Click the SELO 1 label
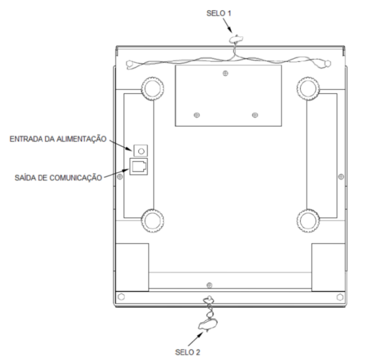(219, 13)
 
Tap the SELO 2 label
(187, 352)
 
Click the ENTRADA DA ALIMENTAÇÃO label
(58, 139)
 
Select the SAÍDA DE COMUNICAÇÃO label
(58, 178)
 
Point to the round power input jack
(141, 151)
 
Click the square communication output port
(138, 167)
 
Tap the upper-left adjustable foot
(152, 89)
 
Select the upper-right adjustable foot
(308, 89)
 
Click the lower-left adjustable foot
(152, 221)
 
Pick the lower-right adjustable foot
(308, 221)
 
